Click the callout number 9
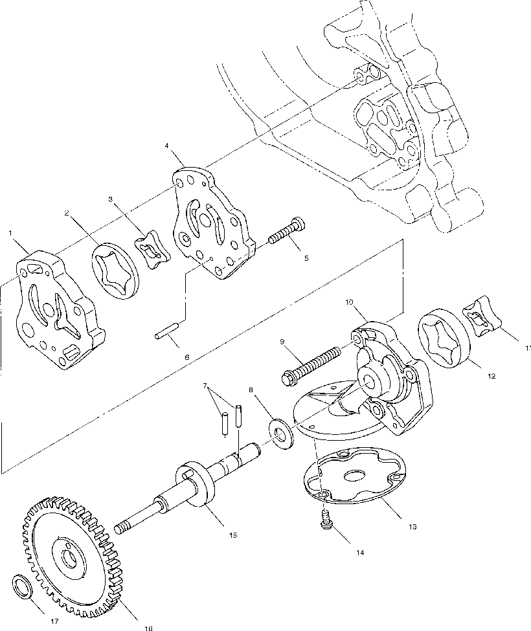(x=282, y=341)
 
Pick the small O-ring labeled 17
(x=23, y=588)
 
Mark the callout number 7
(x=206, y=386)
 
